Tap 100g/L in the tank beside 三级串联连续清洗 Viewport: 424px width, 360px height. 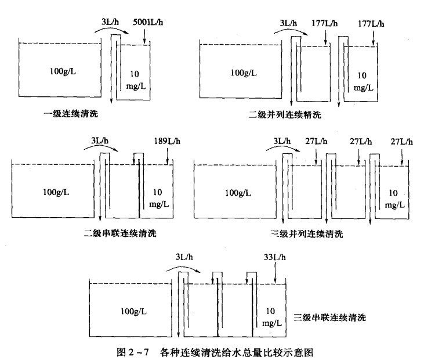pos(133,311)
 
